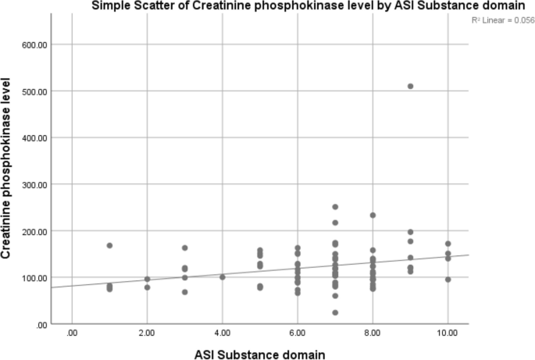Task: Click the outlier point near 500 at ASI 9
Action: pos(410,86)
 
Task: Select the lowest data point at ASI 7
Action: pos(335,312)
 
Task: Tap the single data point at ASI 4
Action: pos(223,276)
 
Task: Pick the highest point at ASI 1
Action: pos(109,245)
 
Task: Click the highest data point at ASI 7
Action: pos(335,207)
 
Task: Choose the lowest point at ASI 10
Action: pos(448,279)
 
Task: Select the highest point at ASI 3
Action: pos(185,248)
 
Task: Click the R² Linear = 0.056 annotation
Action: pos(500,18)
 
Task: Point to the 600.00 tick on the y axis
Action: pos(36,45)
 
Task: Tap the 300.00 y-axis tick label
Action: pos(36,184)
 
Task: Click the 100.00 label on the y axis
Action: pos(36,277)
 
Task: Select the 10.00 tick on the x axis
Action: pos(448,332)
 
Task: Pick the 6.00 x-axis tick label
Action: pos(297,332)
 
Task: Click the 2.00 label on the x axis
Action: pos(147,332)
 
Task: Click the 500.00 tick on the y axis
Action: pos(36,91)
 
